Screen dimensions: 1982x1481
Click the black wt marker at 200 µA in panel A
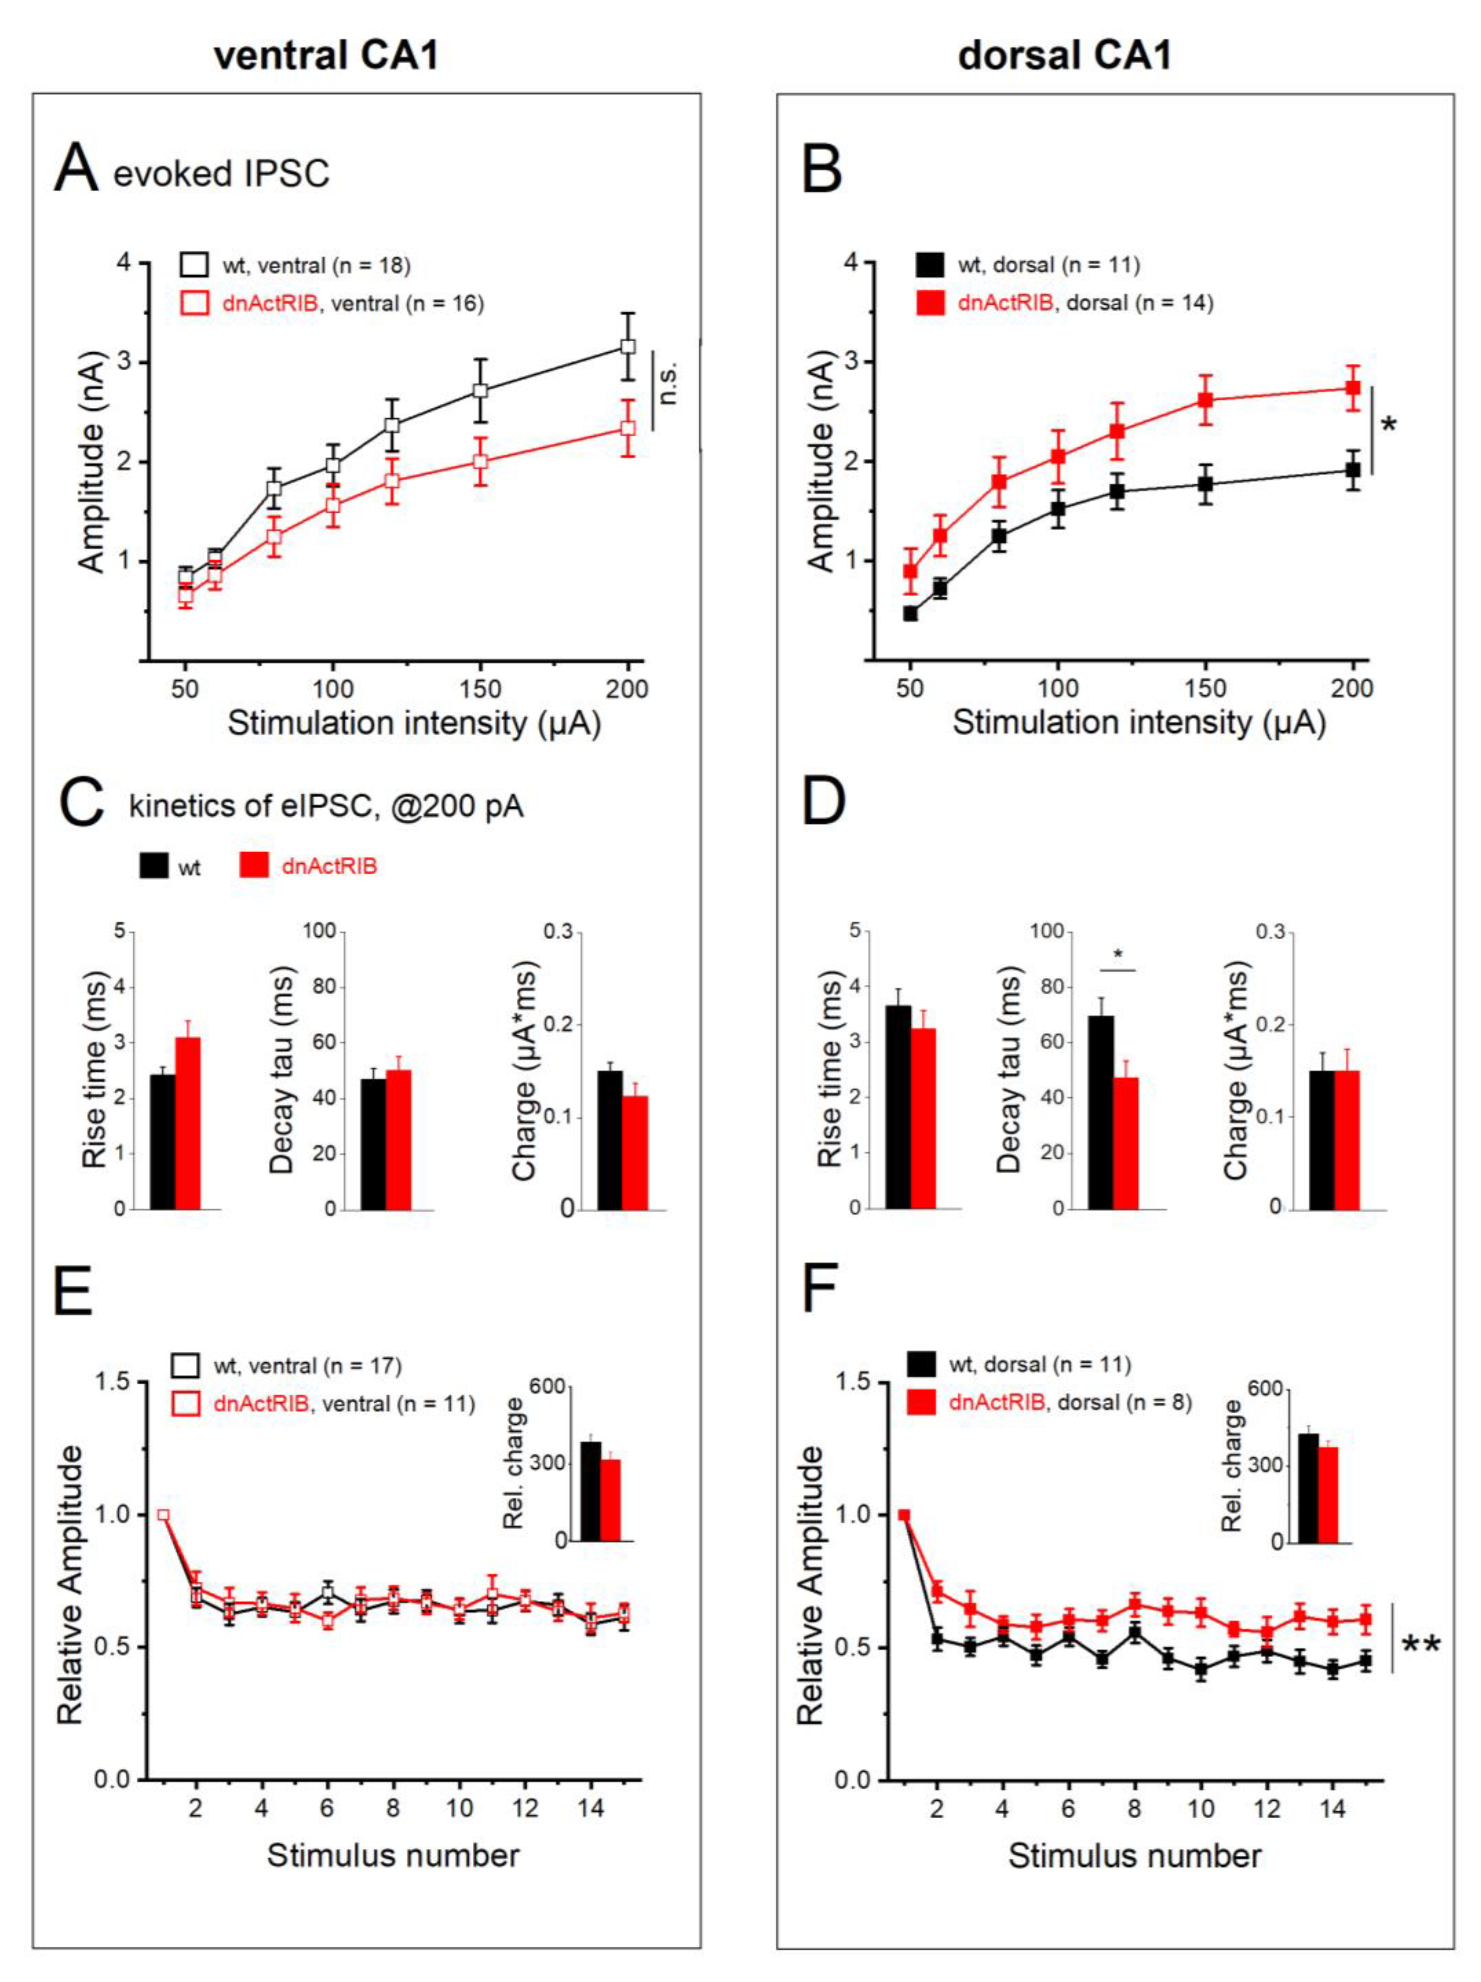[x=628, y=346]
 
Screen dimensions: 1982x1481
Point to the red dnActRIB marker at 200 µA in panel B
[x=1353, y=388]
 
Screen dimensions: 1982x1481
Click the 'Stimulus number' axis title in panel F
[x=1134, y=1856]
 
